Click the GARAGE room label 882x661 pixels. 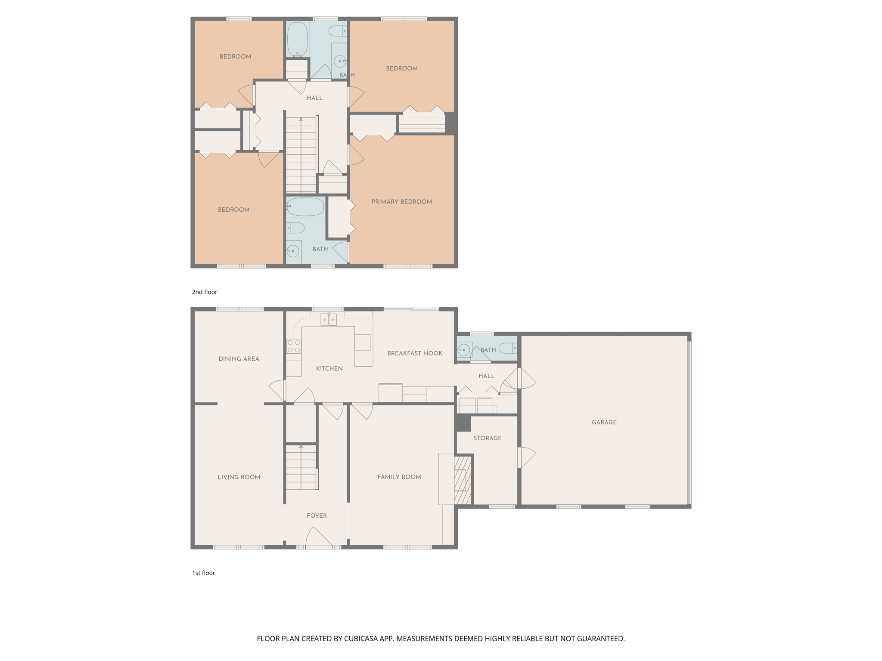click(604, 422)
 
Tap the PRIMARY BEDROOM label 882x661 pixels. click(401, 202)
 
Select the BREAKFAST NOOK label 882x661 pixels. click(414, 353)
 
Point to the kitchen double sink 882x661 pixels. click(328, 319)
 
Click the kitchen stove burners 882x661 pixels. click(294, 346)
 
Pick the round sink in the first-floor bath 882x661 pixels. click(463, 350)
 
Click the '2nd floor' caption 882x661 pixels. click(205, 292)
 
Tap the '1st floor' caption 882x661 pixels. click(203, 573)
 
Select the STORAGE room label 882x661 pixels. click(487, 438)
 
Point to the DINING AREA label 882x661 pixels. click(239, 359)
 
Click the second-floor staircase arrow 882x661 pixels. click(301, 120)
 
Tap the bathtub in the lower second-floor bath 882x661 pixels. click(305, 207)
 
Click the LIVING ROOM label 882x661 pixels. click(239, 477)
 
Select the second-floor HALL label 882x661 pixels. click(314, 98)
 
